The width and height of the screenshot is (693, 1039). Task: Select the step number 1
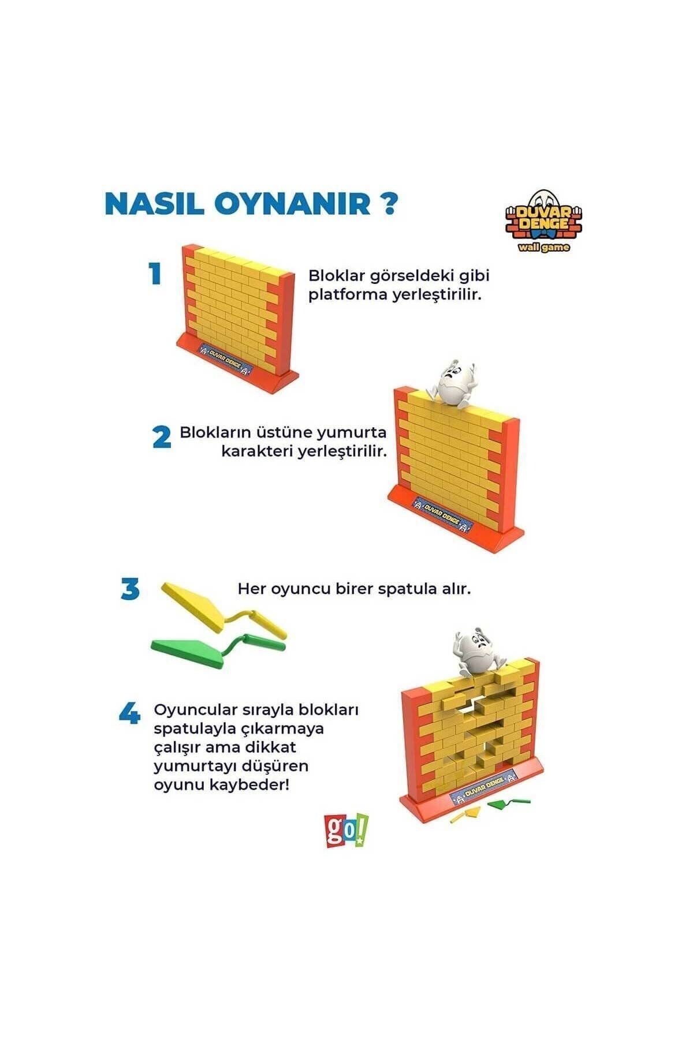(x=154, y=274)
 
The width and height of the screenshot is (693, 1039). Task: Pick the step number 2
(x=162, y=438)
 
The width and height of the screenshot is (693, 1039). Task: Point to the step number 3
(x=131, y=589)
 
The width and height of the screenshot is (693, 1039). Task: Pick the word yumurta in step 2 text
(x=355, y=432)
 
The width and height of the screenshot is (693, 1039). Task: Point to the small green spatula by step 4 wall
(x=508, y=802)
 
